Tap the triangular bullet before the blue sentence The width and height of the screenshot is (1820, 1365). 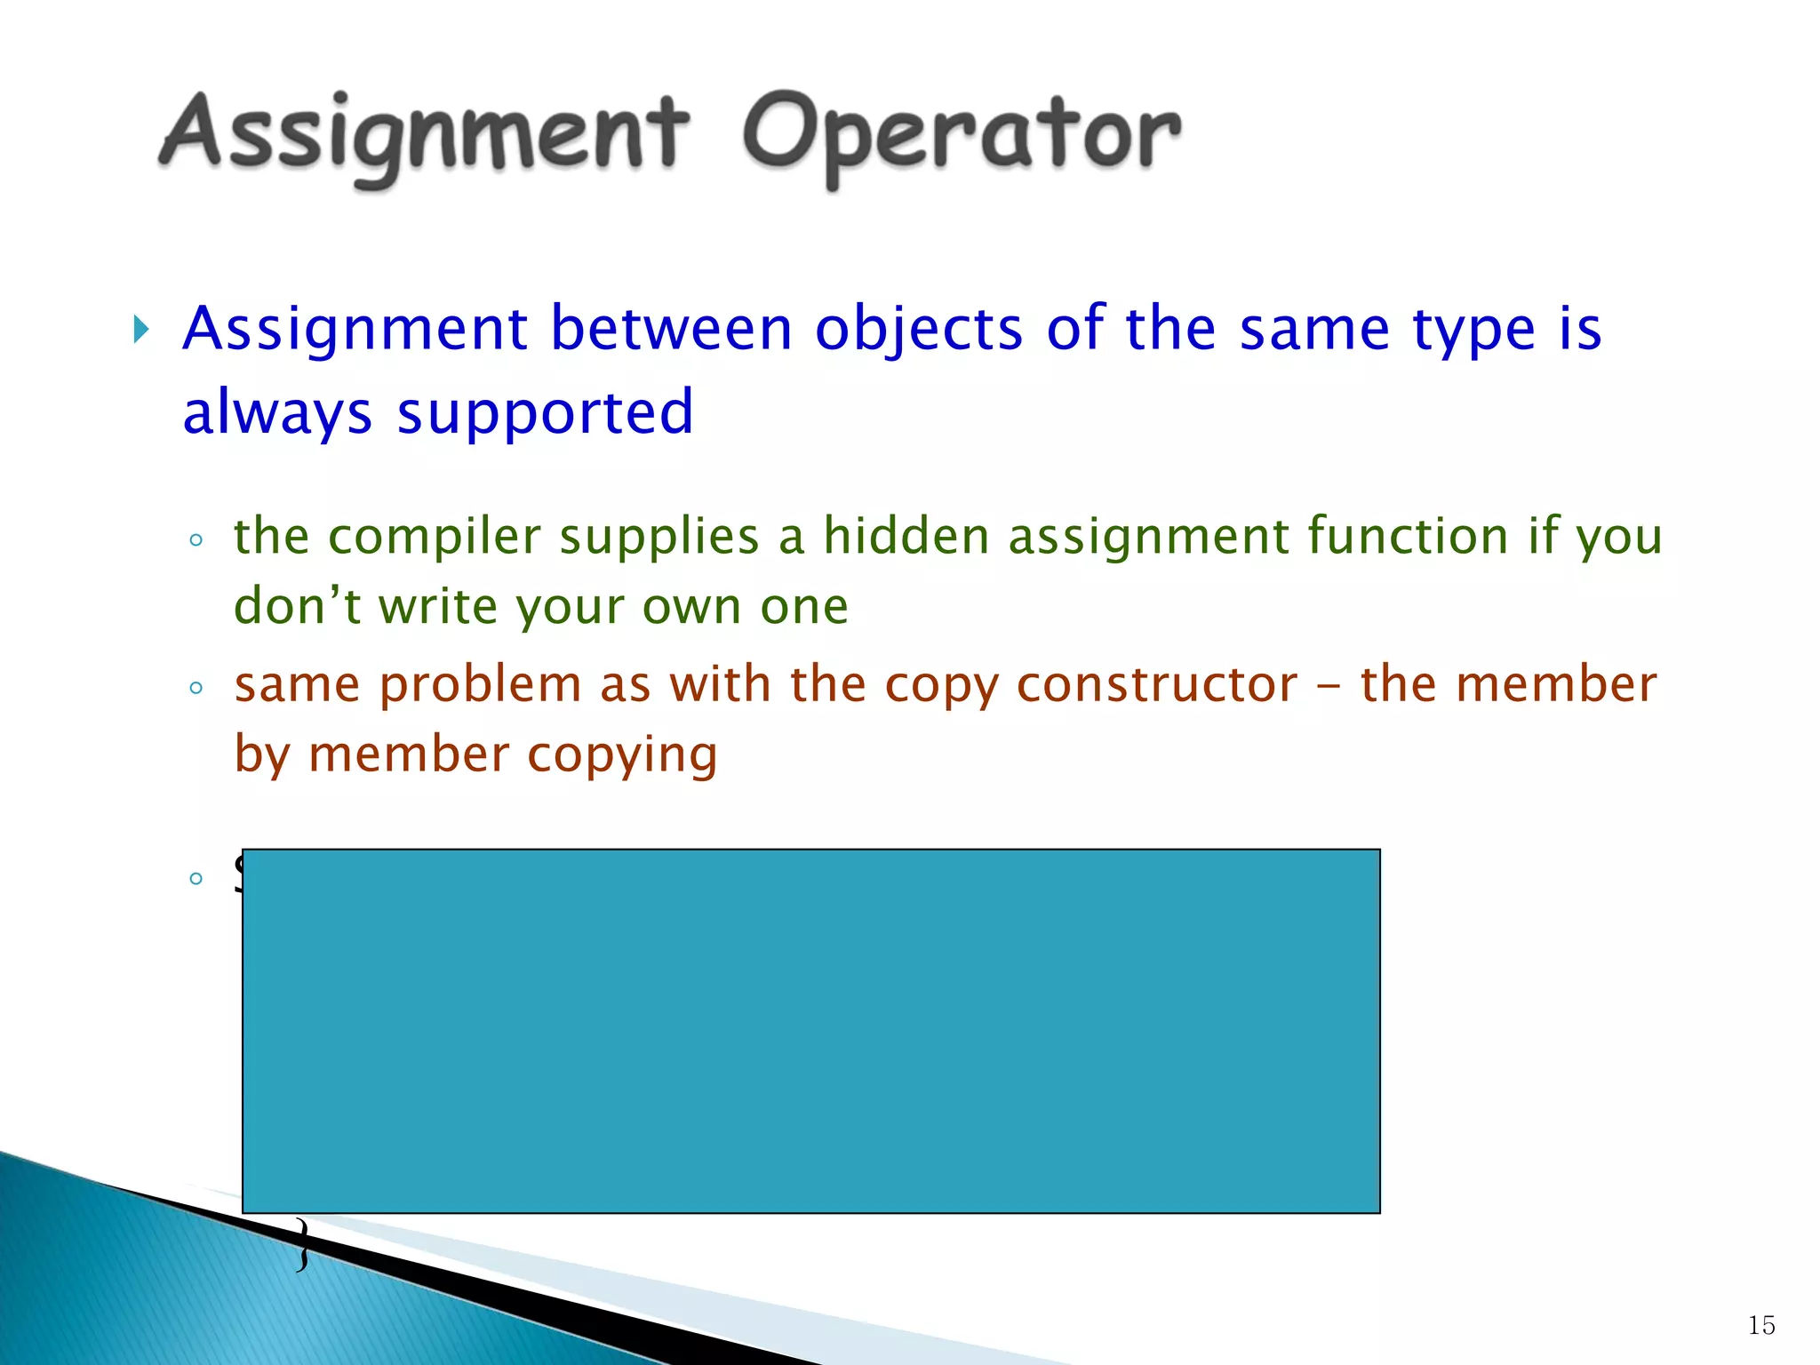(x=140, y=330)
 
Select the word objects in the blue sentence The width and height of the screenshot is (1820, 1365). (x=919, y=330)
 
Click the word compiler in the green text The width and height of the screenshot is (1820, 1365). (x=435, y=537)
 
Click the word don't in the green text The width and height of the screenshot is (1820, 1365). (x=297, y=606)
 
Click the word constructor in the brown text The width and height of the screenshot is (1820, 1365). (x=1156, y=685)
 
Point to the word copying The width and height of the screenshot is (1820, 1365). (x=622, y=754)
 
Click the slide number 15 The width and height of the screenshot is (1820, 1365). (x=1760, y=1325)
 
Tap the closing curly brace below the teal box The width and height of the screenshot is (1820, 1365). (x=303, y=1244)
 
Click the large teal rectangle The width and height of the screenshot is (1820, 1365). (x=810, y=1031)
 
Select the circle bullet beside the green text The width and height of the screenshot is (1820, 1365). (x=196, y=539)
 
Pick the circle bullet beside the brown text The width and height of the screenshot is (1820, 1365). (x=196, y=687)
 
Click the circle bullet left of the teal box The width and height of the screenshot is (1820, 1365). (x=196, y=879)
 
